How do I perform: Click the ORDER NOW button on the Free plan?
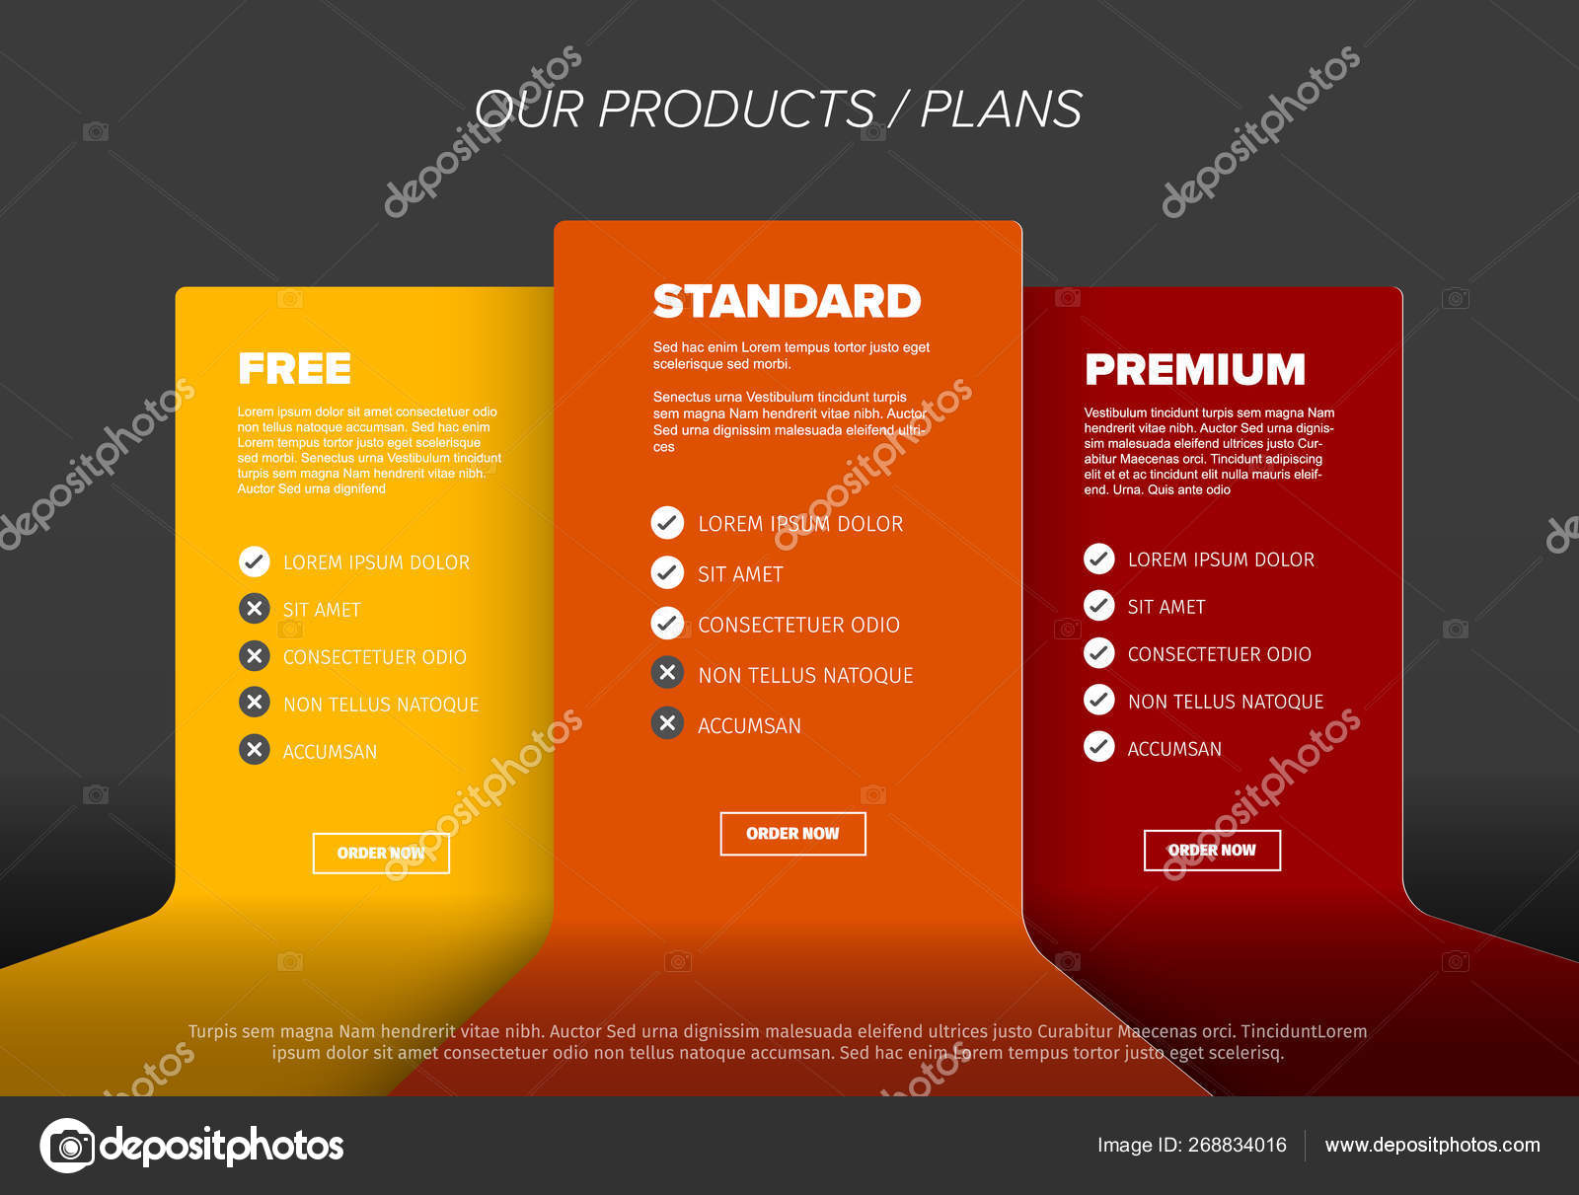point(381,854)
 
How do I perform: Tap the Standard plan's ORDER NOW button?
point(792,834)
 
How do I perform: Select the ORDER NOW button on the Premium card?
point(1212,851)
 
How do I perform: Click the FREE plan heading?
point(295,369)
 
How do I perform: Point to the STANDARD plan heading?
point(787,301)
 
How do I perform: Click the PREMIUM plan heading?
point(1195,370)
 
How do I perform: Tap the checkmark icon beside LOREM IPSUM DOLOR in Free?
point(254,561)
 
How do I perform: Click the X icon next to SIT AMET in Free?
point(254,609)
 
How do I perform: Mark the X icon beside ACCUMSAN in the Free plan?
point(254,750)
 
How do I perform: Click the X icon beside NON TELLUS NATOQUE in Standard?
point(667,673)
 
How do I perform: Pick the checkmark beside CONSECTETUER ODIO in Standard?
point(667,624)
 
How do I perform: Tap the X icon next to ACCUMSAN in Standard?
point(667,723)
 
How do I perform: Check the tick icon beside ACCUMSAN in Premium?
point(1099,747)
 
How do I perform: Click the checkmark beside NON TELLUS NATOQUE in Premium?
point(1099,700)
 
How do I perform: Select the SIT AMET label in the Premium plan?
point(1166,608)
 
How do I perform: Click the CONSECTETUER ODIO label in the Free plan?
point(375,657)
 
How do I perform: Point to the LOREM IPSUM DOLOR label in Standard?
point(800,524)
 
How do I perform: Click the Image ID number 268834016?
point(1238,1145)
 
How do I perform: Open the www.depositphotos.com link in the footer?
point(1432,1146)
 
